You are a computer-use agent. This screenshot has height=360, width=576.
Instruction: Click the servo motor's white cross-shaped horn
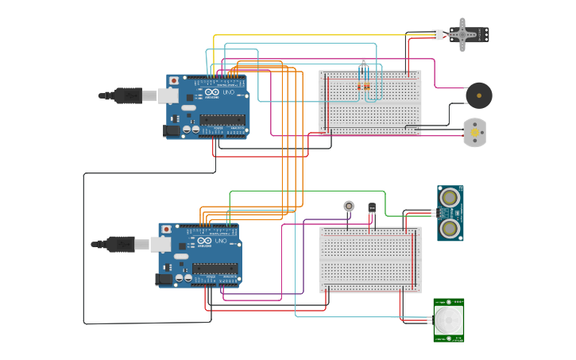coord(462,34)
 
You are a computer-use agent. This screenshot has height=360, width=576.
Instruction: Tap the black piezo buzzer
coord(478,96)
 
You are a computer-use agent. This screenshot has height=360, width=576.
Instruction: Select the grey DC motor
coord(474,132)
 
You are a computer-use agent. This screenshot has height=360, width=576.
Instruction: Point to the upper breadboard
coord(370,102)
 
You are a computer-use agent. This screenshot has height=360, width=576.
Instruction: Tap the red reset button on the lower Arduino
coord(166,229)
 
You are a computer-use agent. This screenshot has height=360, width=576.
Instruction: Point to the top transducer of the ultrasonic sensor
coord(450,196)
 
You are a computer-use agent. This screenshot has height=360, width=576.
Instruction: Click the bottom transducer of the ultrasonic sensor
coord(450,229)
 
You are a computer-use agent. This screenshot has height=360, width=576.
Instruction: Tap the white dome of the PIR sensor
coord(449,322)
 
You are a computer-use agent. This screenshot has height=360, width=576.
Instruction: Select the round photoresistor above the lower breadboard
coord(349,206)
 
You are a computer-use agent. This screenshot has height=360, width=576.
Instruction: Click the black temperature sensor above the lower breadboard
coord(372,208)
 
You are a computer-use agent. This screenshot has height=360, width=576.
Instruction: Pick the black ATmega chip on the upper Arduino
coord(222,121)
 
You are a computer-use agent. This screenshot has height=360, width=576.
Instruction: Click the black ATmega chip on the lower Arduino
coord(215,269)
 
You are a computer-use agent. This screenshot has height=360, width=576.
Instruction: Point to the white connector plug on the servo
coord(438,34)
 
